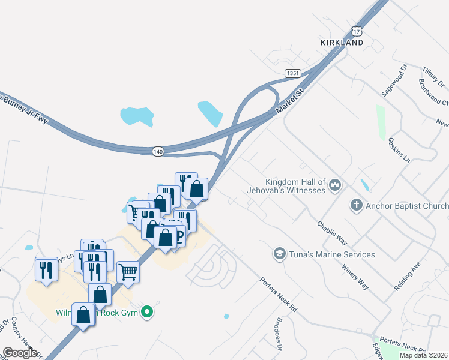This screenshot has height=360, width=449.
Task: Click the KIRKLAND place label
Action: [341, 43]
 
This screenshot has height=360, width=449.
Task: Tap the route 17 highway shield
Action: [358, 31]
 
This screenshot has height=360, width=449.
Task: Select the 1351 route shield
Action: [292, 73]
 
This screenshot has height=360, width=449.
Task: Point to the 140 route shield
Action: [158, 152]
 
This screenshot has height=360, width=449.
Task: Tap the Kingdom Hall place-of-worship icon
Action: [335, 185]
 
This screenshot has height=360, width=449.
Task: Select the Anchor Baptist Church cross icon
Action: [356, 206]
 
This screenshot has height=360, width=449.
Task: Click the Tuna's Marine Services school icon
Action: [279, 254]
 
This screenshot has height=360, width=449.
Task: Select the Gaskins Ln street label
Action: [399, 149]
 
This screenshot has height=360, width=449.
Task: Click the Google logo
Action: [20, 353]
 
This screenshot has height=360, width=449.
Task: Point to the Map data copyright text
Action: [424, 355]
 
